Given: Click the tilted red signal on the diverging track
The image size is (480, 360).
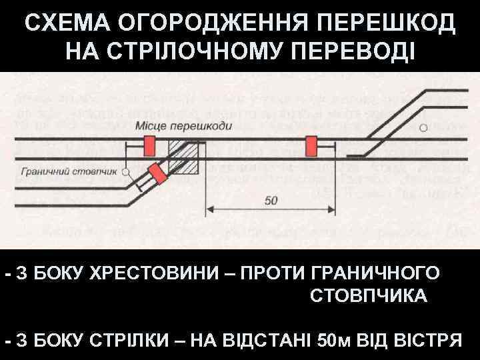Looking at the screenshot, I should pos(158,173).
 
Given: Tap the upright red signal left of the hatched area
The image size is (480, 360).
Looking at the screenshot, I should pos(149,145).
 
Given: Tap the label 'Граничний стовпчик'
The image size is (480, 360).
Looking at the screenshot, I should pos(69,171).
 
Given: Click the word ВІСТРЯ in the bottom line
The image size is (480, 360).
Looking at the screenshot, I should pos(427,340).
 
